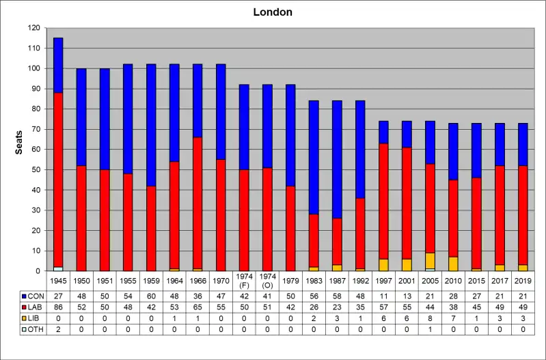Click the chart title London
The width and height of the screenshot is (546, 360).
click(273, 12)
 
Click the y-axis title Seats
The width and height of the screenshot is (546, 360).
click(19, 142)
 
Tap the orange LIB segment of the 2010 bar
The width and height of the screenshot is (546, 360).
click(453, 264)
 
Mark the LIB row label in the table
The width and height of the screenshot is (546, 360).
click(34, 318)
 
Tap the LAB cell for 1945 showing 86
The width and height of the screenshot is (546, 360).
click(58, 307)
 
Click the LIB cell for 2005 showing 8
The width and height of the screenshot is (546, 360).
click(430, 318)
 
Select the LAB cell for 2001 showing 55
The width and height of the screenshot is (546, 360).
click(407, 307)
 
